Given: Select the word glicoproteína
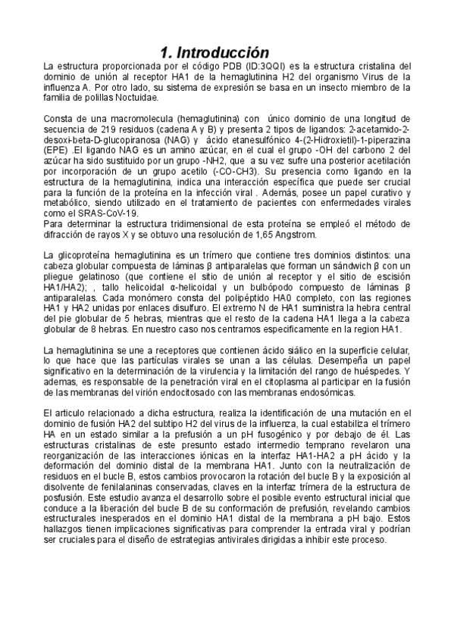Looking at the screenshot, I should pos(87,257).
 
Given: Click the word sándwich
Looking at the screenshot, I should pos(341,267).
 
